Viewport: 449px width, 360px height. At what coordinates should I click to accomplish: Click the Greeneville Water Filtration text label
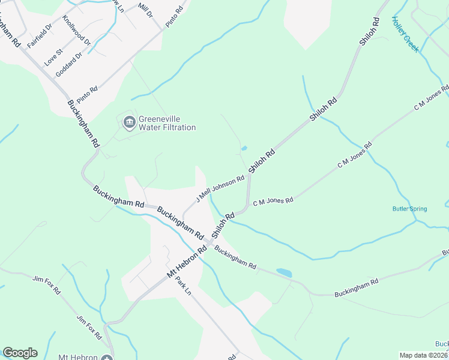tap(167, 123)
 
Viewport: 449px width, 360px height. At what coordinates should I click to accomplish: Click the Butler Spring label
tap(410, 209)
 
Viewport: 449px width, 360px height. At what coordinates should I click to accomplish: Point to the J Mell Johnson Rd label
tap(220, 188)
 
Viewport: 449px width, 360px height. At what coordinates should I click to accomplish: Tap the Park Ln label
tap(183, 286)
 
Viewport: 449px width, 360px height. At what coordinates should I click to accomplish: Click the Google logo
tap(20, 353)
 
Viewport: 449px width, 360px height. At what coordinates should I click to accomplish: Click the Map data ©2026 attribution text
tap(424, 355)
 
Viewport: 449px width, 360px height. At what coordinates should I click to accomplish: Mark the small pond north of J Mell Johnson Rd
tap(244, 149)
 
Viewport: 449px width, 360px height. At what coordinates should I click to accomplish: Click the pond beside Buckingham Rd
tap(284, 273)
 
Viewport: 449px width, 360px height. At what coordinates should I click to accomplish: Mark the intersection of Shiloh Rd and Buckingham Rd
tap(208, 241)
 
